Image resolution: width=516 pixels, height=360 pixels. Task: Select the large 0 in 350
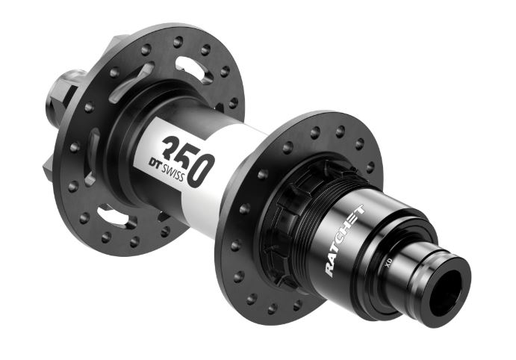click(200, 170)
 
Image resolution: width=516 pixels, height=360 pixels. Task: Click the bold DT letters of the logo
click(155, 163)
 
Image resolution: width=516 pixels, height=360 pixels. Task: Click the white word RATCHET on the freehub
click(344, 240)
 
